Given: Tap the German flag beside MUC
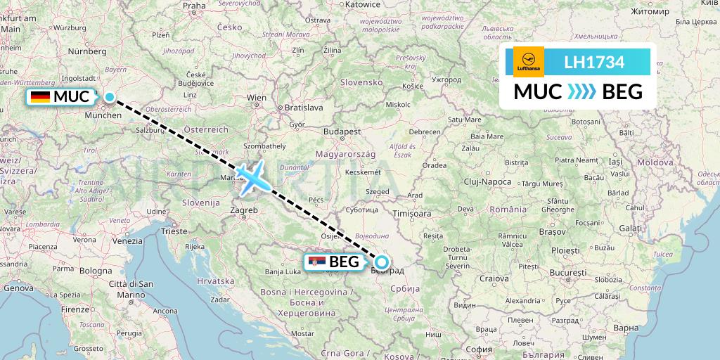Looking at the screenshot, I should click(40, 97).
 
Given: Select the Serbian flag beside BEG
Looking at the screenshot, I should click(317, 263).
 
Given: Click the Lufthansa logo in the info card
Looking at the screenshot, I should click(529, 62).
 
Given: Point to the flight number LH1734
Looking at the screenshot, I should click(594, 63).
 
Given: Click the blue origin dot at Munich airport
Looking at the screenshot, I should click(110, 97).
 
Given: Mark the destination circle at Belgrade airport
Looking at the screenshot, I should click(381, 263).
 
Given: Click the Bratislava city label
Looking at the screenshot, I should click(303, 108).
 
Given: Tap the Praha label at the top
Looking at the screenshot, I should click(194, 6).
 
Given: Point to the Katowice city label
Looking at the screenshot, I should click(363, 4).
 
